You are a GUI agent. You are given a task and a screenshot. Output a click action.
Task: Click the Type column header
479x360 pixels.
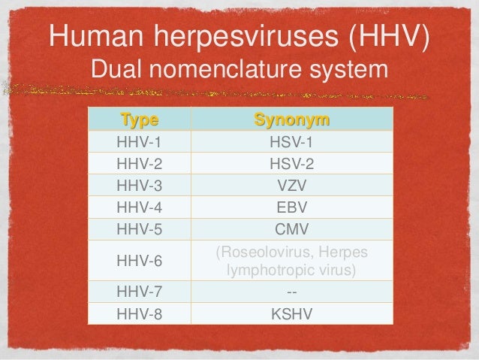139,120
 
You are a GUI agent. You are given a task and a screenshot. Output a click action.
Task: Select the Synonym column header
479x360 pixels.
292,120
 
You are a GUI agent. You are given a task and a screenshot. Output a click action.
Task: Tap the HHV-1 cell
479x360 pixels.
139,141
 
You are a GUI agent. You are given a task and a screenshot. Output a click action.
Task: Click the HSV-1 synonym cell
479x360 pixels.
292,141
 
